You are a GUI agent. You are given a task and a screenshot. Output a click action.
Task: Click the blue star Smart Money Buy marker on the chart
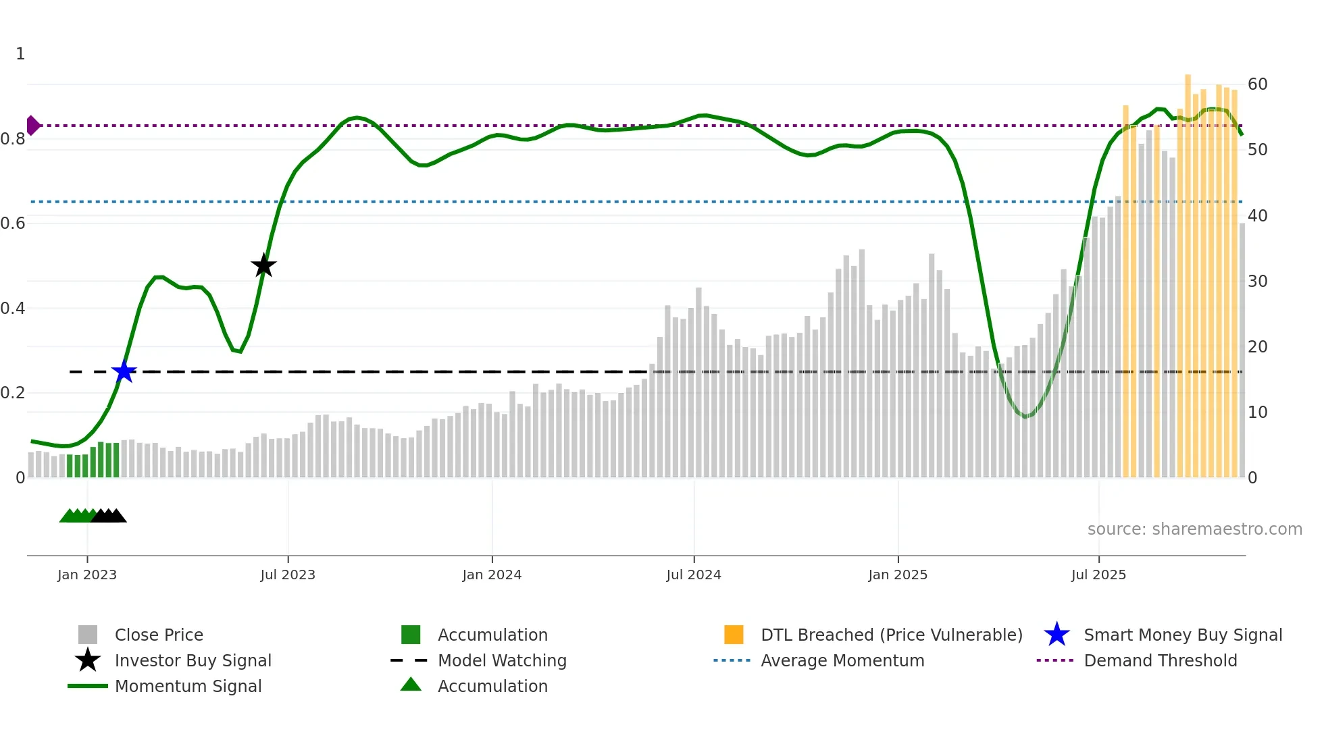(124, 372)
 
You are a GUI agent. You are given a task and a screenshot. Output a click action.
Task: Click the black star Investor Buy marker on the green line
(263, 266)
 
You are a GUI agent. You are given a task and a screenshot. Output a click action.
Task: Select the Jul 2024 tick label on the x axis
(693, 575)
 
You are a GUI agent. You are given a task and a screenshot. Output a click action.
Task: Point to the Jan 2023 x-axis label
(87, 575)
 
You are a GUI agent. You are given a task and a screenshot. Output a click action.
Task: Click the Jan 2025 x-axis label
(897, 575)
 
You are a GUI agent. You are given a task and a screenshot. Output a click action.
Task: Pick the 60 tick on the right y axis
(1257, 84)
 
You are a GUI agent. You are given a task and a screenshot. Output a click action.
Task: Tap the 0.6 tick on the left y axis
(13, 223)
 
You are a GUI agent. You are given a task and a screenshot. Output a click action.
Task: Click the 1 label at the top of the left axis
(20, 54)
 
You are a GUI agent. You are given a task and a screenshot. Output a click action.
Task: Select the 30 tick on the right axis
(1257, 282)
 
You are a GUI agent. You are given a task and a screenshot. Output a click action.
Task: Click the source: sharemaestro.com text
(1194, 529)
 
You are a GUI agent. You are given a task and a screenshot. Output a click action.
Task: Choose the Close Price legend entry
(159, 635)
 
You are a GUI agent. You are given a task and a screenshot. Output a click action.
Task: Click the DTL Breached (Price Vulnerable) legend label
(891, 635)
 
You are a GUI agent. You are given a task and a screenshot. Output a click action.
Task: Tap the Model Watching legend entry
(502, 661)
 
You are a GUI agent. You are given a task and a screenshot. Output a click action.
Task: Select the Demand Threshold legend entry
(1160, 661)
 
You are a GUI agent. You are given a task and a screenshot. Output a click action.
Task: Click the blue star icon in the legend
(1056, 635)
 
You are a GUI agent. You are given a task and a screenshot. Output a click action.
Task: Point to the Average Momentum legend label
(842, 661)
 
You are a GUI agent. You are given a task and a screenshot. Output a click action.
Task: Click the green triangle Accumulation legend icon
(411, 685)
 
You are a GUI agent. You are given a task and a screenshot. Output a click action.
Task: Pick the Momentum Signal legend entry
(188, 687)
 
